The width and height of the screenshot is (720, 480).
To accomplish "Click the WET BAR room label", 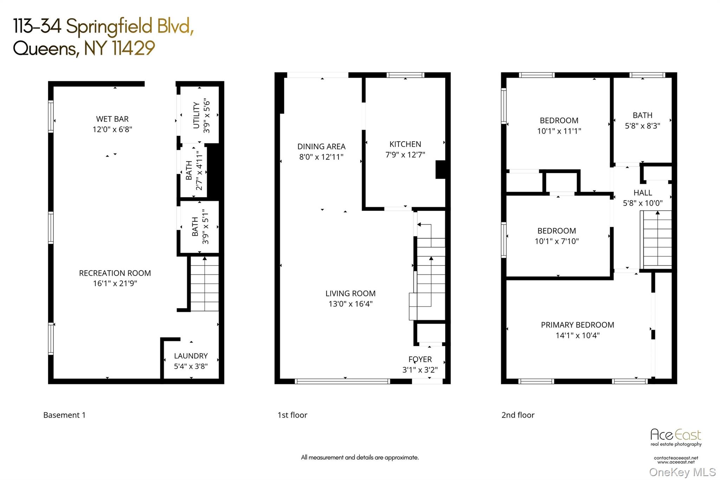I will [112, 119].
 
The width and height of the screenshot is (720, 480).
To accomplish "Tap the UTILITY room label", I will [197, 115].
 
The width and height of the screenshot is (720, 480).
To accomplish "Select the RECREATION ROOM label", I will [115, 273].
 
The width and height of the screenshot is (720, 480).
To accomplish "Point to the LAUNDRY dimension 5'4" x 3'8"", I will [191, 366].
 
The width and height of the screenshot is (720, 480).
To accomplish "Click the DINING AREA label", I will [321, 147].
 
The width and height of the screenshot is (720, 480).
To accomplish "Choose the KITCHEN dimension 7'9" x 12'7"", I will [405, 154].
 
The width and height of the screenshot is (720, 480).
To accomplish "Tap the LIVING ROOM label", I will [350, 294].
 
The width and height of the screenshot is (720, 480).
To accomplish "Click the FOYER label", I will [420, 359].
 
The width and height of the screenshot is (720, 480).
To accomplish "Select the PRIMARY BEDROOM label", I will [577, 325].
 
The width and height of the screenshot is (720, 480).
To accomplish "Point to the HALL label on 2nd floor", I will [643, 193].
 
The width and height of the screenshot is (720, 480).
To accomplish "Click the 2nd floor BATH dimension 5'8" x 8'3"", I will [642, 126].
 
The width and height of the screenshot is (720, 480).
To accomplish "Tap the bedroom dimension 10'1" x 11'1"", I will [559, 131].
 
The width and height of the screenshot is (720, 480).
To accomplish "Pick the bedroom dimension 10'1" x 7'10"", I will [557, 241].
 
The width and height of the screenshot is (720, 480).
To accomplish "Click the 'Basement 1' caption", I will [64, 415].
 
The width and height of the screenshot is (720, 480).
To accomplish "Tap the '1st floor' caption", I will [292, 415].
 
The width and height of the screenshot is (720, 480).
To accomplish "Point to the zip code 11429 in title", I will [134, 48].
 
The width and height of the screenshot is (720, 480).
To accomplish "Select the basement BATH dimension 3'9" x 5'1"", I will [206, 226].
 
